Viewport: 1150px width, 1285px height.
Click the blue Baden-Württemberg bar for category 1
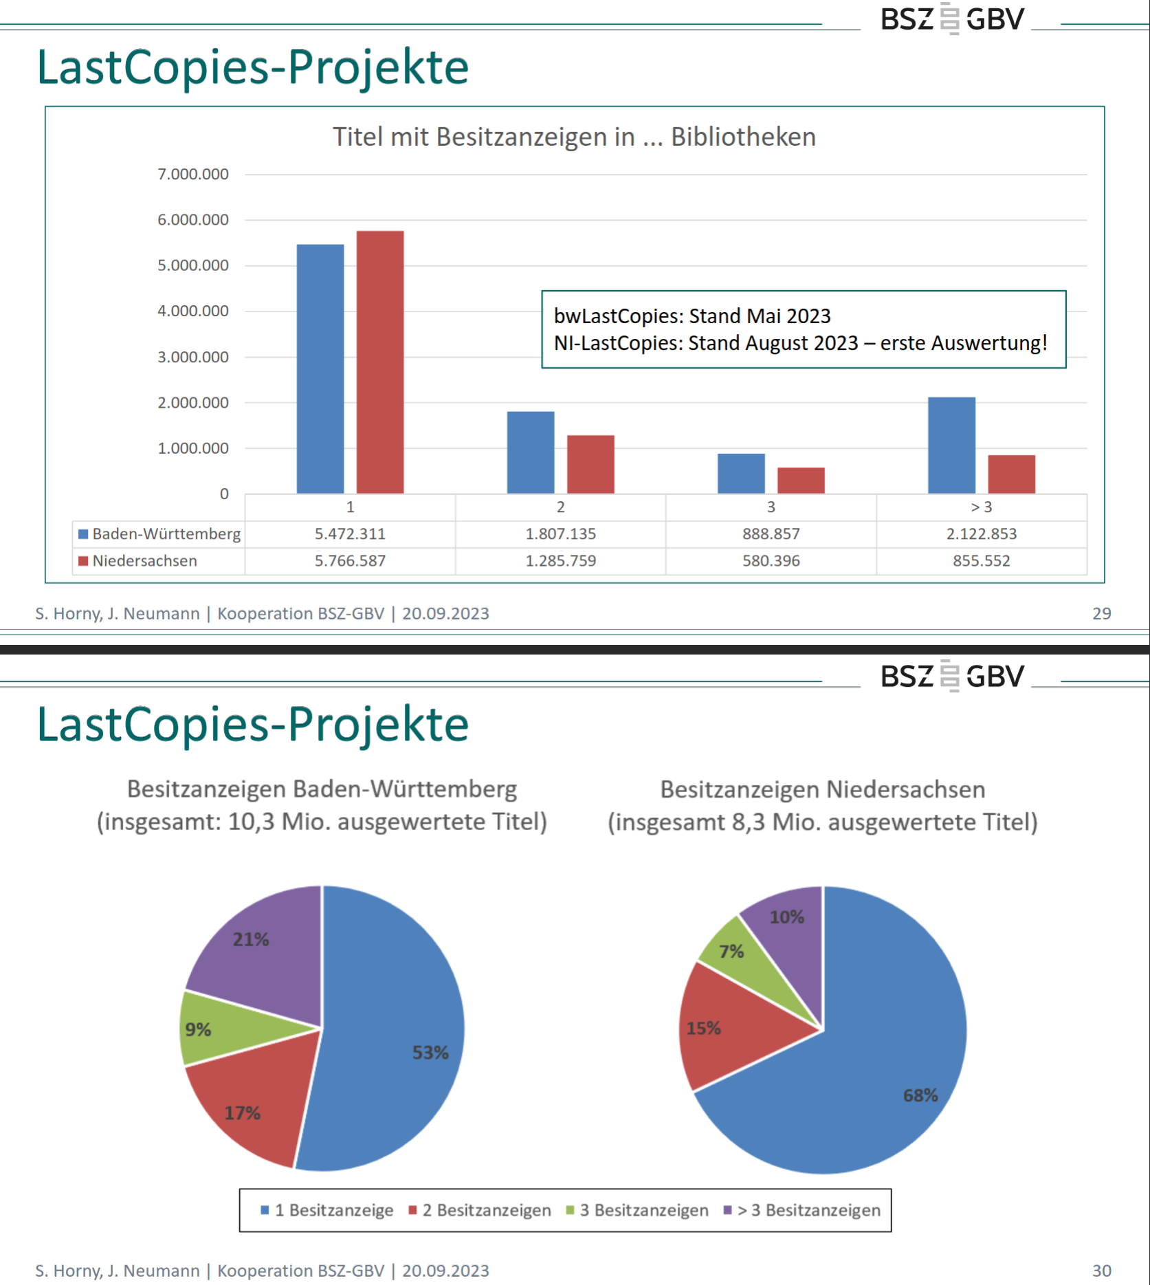(320, 369)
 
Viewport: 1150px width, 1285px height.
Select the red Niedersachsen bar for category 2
(590, 464)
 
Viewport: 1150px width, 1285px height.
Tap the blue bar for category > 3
(951, 445)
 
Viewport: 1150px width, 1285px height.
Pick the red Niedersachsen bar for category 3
(801, 481)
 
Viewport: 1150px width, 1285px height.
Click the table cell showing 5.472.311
(350, 534)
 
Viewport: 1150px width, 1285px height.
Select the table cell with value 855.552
(982, 561)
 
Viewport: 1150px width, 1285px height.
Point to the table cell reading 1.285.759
(560, 561)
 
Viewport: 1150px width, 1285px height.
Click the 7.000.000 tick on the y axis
(193, 174)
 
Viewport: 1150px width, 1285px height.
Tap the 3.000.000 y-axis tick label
(193, 357)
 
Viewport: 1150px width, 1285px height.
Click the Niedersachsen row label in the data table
(144, 561)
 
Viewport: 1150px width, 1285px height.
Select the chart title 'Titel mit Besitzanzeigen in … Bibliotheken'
(574, 137)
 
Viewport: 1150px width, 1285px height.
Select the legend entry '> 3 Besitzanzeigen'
(801, 1210)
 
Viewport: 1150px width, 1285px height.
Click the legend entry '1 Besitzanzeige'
(327, 1210)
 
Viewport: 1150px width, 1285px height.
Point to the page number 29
(1101, 613)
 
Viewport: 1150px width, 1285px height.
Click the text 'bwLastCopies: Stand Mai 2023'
(692, 316)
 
